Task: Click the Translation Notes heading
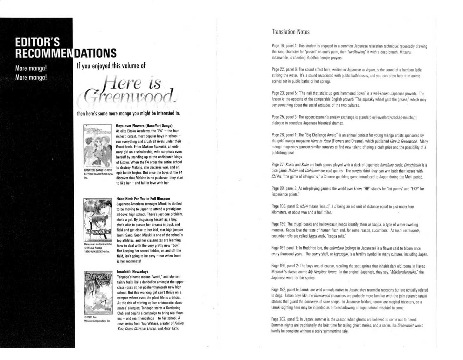click(290, 32)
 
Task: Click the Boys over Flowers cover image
click(98, 146)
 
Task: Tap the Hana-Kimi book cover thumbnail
click(98, 220)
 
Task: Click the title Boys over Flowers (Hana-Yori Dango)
click(144, 126)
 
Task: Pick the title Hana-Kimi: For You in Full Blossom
click(143, 199)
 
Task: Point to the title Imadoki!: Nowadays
click(133, 272)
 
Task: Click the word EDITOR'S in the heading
click(37, 42)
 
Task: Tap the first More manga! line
click(31, 68)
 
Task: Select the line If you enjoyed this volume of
click(111, 66)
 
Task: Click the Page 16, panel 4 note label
click(284, 46)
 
